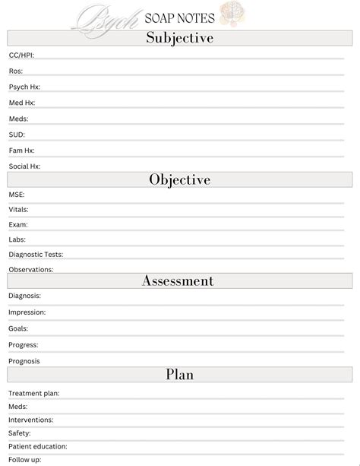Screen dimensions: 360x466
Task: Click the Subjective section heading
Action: tap(179, 38)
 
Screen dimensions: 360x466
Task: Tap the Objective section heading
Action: tap(179, 179)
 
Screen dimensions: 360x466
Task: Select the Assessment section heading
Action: tap(178, 281)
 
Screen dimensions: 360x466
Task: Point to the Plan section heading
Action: tap(179, 374)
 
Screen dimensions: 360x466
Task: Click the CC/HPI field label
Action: tap(21, 55)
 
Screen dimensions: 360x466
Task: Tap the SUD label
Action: tap(17, 135)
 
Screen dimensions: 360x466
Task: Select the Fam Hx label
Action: tap(21, 151)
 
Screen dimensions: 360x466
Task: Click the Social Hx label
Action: tap(24, 166)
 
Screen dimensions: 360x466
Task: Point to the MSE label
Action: tap(17, 195)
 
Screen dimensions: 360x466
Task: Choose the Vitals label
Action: tap(19, 209)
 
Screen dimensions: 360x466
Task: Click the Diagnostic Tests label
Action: tap(36, 255)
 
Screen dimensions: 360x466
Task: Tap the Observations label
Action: tap(31, 270)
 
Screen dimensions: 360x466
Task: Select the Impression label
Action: tap(27, 312)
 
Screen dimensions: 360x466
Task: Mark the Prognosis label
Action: tap(24, 361)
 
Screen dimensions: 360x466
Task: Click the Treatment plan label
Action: tap(34, 394)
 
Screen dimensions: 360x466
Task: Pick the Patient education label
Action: tap(38, 446)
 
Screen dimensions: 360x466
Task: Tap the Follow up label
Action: tap(24, 459)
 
